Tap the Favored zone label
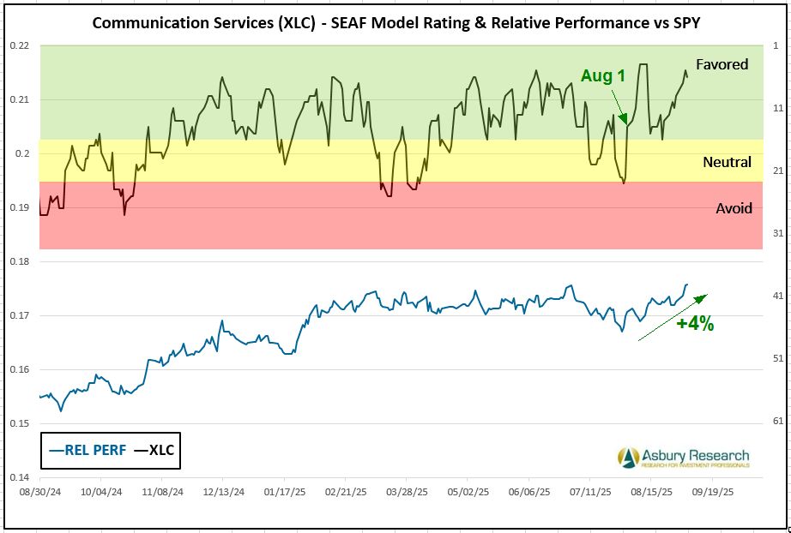pyautogui.click(x=722, y=64)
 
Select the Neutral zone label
pyautogui.click(x=727, y=162)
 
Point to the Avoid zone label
pyautogui.click(x=733, y=208)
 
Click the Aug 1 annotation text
pyautogui.click(x=603, y=76)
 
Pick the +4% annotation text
pyautogui.click(x=693, y=324)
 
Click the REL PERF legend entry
pyautogui.click(x=84, y=451)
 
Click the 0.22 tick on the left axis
pyautogui.click(x=19, y=45)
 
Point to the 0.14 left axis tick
pyautogui.click(x=19, y=477)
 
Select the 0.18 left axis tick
pyautogui.click(x=19, y=261)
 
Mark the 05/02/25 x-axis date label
pyautogui.click(x=468, y=493)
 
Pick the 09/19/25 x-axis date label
pyautogui.click(x=712, y=493)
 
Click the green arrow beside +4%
pyautogui.click(x=673, y=317)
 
